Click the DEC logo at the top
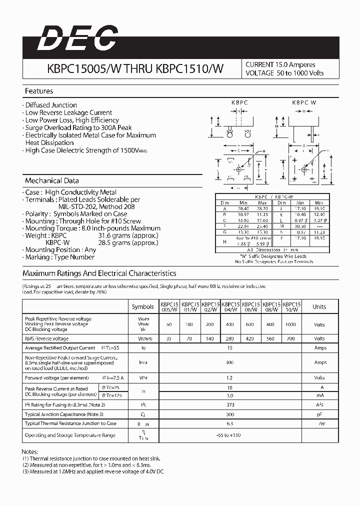[x=78, y=38]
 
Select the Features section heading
[x=39, y=91]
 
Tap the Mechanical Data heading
[x=51, y=180]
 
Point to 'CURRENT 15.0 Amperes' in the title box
[x=280, y=64]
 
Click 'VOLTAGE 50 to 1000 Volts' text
[x=284, y=73]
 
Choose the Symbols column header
[x=143, y=307]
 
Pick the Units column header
[x=319, y=307]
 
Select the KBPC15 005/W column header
[x=169, y=306]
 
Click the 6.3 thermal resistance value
[x=229, y=423]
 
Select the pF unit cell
[x=319, y=414]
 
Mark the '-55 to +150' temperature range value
[x=229, y=435]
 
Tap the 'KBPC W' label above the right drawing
[x=304, y=102]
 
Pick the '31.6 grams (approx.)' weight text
[x=128, y=235]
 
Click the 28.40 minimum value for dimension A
[x=244, y=208]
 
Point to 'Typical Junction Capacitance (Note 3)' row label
[x=64, y=414]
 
